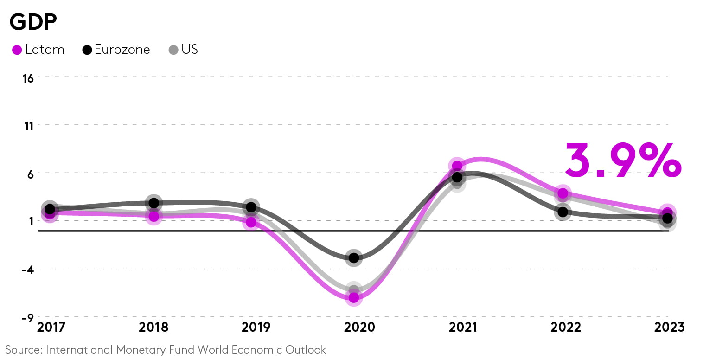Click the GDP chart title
coord(33,22)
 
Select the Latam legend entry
coord(38,50)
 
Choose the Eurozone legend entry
coord(116,50)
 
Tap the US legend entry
coord(183,50)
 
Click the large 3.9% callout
coord(622,160)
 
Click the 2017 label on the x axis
coord(51,327)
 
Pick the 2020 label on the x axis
coord(359,327)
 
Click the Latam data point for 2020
coord(354,297)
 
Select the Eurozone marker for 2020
coord(354,257)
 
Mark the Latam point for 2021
coord(457,166)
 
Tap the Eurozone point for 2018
coord(154,203)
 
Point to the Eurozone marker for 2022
coord(563,212)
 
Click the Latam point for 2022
coord(563,193)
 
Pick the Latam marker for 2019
coord(251,222)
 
